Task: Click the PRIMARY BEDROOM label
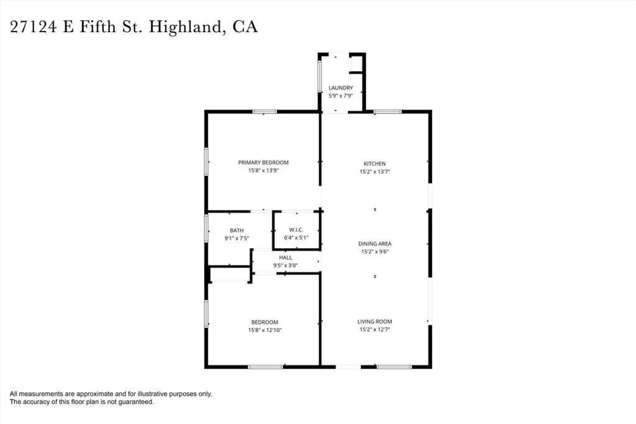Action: pyautogui.click(x=263, y=163)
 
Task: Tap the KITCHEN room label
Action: pyautogui.click(x=375, y=164)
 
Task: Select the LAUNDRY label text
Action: pyautogui.click(x=341, y=88)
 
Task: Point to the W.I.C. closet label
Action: pyautogui.click(x=296, y=230)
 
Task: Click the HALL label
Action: pyautogui.click(x=286, y=258)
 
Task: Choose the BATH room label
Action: pyautogui.click(x=237, y=230)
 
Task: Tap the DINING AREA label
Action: pyautogui.click(x=375, y=243)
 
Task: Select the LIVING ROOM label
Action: pyautogui.click(x=375, y=322)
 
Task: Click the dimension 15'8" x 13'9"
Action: pyautogui.click(x=263, y=171)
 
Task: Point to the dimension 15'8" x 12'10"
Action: pyautogui.click(x=265, y=330)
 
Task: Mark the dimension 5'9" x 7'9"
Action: pyautogui.click(x=341, y=96)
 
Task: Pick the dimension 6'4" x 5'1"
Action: pyautogui.click(x=296, y=238)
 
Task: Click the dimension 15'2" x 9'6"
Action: pyautogui.click(x=375, y=251)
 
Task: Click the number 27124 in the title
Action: pyautogui.click(x=34, y=27)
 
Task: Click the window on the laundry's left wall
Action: pyautogui.click(x=320, y=76)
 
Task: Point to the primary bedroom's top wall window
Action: pyautogui.click(x=265, y=112)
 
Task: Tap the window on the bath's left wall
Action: pyautogui.click(x=206, y=228)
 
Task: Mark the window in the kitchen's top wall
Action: pyautogui.click(x=388, y=112)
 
